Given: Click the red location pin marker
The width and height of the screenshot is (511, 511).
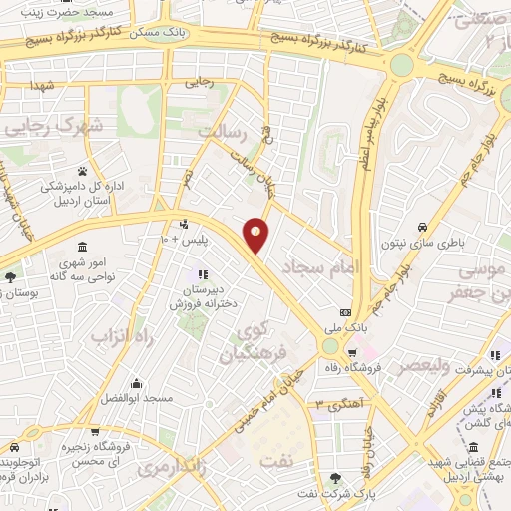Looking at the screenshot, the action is pyautogui.click(x=256, y=234).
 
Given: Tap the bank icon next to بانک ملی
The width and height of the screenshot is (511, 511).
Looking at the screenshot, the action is pyautogui.click(x=345, y=311).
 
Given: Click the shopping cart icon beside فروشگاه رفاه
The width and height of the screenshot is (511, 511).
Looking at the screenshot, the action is pyautogui.click(x=351, y=353).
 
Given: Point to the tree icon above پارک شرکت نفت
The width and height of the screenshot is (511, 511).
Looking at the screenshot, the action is pyautogui.click(x=335, y=479).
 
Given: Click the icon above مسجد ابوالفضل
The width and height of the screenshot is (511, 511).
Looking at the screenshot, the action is pyautogui.click(x=135, y=383).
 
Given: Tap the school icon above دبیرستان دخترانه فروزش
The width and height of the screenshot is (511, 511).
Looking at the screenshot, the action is pyautogui.click(x=203, y=273).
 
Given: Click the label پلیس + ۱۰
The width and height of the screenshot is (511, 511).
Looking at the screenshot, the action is pyautogui.click(x=184, y=240).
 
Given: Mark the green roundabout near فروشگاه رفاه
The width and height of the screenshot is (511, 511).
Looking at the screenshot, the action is pyautogui.click(x=329, y=346).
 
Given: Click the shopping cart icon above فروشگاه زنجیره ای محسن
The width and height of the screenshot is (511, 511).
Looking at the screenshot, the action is pyautogui.click(x=95, y=432).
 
